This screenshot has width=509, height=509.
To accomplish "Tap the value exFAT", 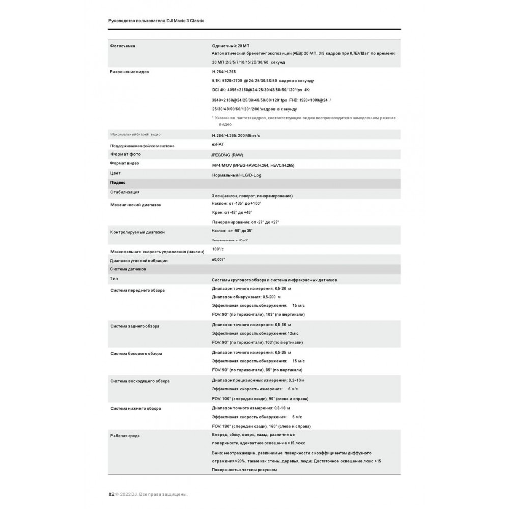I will [x=217, y=145].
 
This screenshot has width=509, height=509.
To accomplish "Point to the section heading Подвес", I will [x=118, y=182].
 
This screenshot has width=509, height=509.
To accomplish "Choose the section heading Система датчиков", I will [x=128, y=268].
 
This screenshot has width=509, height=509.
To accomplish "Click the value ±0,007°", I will [x=219, y=259].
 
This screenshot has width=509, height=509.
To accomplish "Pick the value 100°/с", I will [x=218, y=249].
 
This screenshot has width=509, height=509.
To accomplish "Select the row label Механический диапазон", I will [x=136, y=205].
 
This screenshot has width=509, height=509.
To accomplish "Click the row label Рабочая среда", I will [x=125, y=436].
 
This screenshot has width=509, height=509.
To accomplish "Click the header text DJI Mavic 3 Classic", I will [x=185, y=21].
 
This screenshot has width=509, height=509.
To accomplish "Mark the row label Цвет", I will [x=115, y=173].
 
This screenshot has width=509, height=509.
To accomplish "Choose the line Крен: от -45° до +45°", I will [x=232, y=213].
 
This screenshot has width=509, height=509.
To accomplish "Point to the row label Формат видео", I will [x=125, y=163].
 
